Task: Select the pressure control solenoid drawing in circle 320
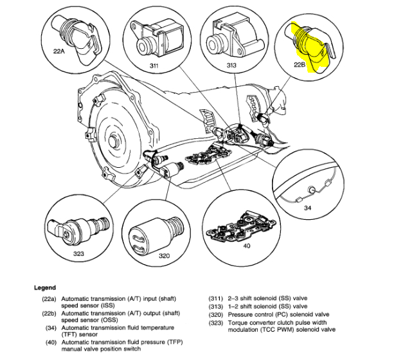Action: (155, 231)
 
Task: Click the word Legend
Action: (45, 287)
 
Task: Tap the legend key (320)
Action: (215, 314)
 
